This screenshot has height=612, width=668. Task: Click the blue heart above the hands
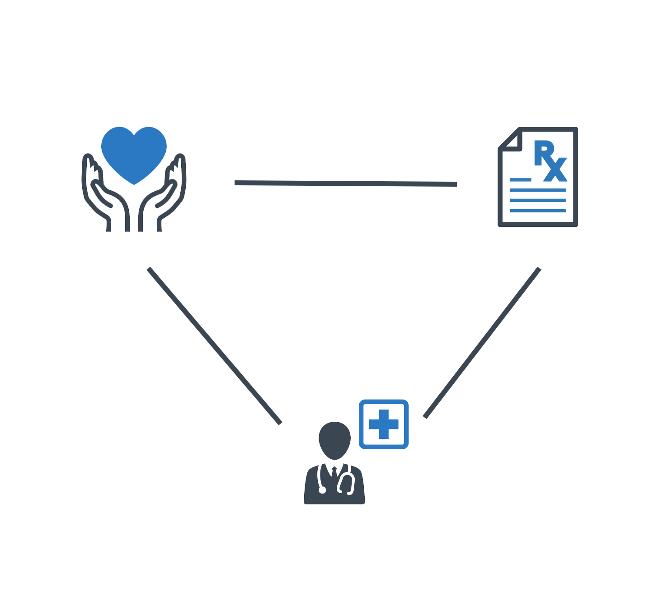pyautogui.click(x=133, y=153)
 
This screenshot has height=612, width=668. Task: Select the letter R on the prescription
pyautogui.click(x=543, y=153)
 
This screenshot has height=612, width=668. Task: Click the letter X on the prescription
pyautogui.click(x=555, y=169)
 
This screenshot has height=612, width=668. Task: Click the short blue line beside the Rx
pyautogui.click(x=521, y=180)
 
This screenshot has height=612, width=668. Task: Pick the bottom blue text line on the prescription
pyautogui.click(x=538, y=211)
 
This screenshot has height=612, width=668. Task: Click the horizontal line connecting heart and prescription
pyautogui.click(x=346, y=183)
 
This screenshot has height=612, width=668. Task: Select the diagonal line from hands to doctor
pyautogui.click(x=214, y=346)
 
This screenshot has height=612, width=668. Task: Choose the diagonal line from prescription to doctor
pyautogui.click(x=482, y=343)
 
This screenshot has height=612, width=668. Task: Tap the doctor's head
pyautogui.click(x=334, y=440)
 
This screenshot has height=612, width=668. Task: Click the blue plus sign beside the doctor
pyautogui.click(x=384, y=424)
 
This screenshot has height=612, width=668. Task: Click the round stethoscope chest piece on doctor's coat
pyautogui.click(x=322, y=490)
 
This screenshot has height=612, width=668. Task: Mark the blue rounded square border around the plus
pyautogui.click(x=384, y=401)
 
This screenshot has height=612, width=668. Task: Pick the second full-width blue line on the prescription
pyautogui.click(x=538, y=200)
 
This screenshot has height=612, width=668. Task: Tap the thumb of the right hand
pyautogui.click(x=166, y=194)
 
